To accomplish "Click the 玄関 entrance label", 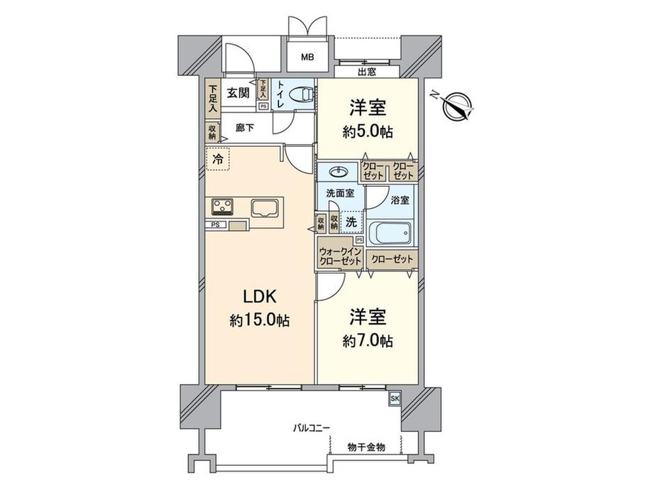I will coord(238,92).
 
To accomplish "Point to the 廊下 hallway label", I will coord(245,129).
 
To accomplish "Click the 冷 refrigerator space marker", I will coord(217,160).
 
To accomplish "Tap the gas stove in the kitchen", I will coord(223,207).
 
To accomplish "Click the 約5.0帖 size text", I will coord(366,132).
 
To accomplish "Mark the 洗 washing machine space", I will coord(351,222).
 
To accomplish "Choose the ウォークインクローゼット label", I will coord(341,256).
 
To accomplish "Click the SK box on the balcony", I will coord(394,399).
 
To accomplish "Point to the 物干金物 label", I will coord(366,447).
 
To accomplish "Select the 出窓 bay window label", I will coord(366,72).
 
